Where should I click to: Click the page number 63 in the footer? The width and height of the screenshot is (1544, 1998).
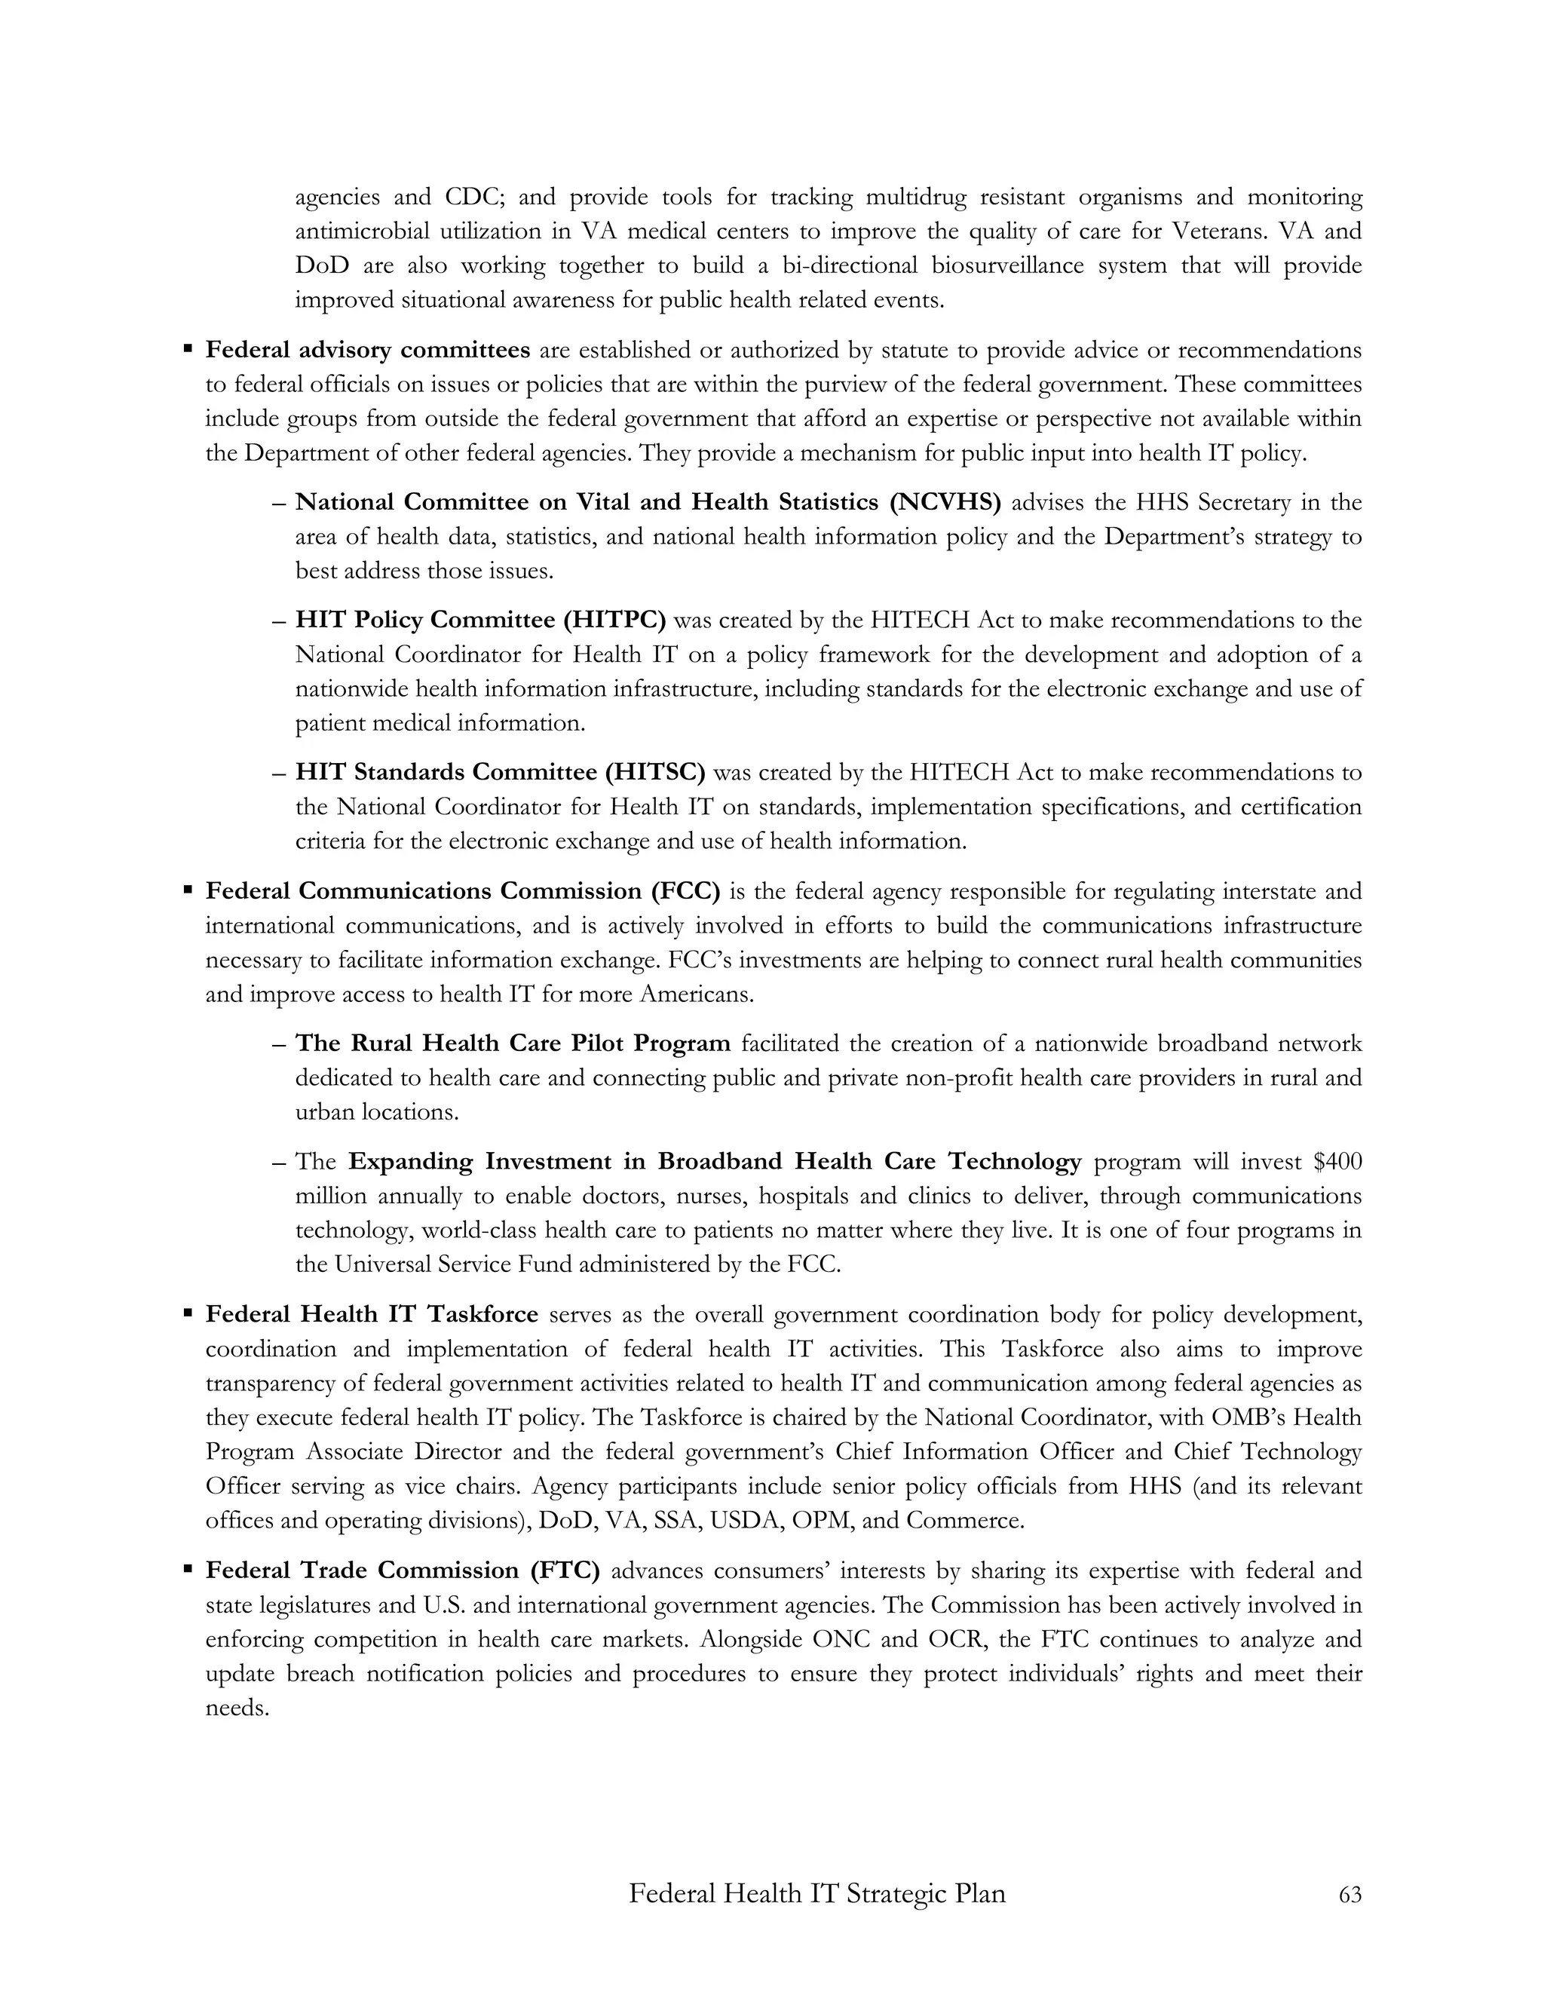(x=1349, y=1895)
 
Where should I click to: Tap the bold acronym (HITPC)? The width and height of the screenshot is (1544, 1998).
(x=614, y=621)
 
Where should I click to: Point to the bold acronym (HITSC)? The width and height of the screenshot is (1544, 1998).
(x=655, y=772)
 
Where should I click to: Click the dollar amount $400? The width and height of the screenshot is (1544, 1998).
(x=1337, y=1162)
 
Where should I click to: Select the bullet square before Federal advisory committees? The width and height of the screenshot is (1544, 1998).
(x=188, y=348)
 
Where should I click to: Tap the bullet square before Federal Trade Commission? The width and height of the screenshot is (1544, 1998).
(x=188, y=1569)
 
